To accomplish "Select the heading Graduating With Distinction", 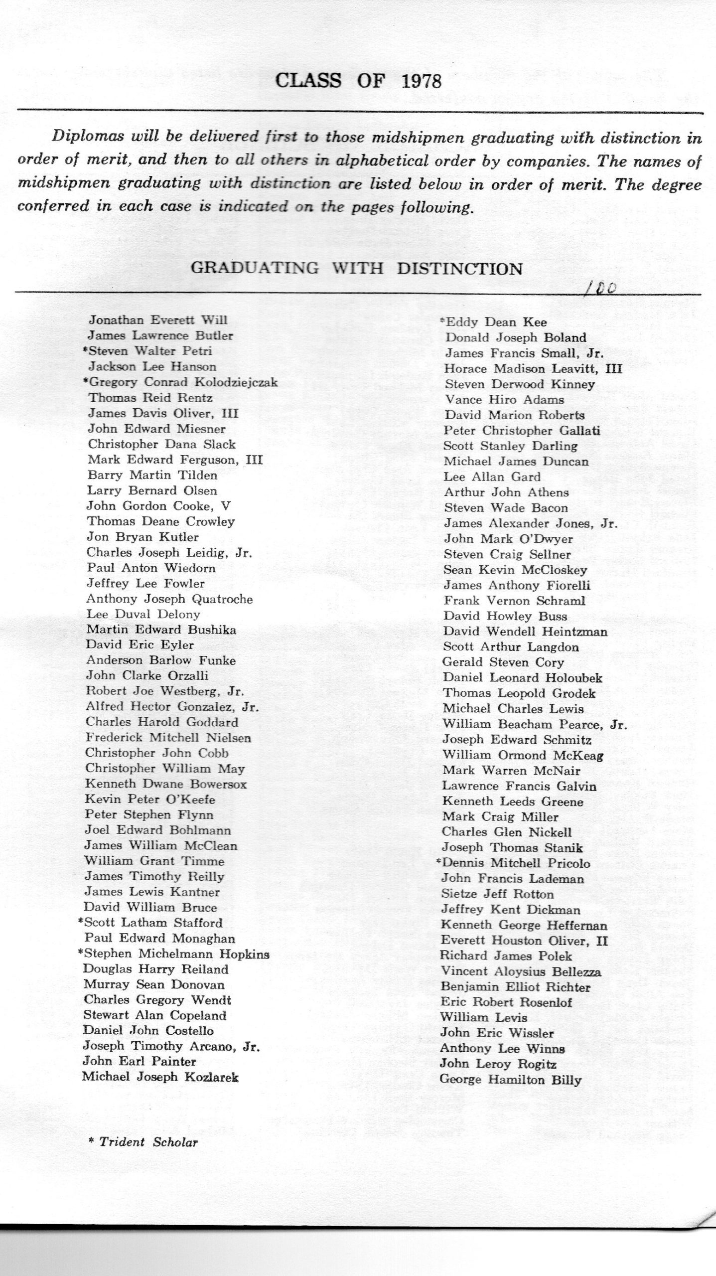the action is pos(357,268).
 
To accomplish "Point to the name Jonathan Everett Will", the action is pos(158,320).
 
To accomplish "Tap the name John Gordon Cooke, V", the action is pos(159,506).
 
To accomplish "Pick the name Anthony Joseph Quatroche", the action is pos(169,599).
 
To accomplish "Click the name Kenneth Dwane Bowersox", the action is pos(166,784).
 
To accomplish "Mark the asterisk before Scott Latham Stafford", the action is pos(80,922).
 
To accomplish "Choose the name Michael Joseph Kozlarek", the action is pos(160,1077).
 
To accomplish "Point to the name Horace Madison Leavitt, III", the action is pos(533,369).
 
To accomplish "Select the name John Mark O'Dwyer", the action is pos(508,539).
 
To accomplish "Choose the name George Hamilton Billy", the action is pos(511,1080).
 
